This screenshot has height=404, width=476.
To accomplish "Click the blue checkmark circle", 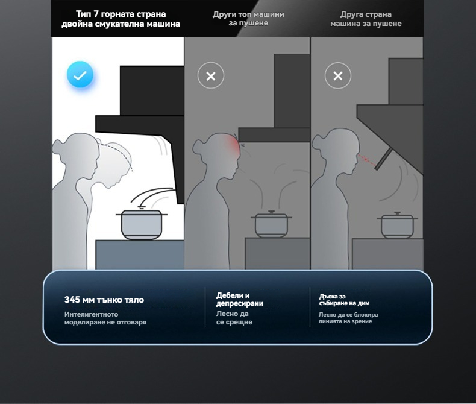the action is pyautogui.click(x=80, y=75).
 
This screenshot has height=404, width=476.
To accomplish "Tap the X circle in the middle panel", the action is pyautogui.click(x=211, y=75).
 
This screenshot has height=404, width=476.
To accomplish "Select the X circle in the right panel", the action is pyautogui.click(x=338, y=75).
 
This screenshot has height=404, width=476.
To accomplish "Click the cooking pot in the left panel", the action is pyautogui.click(x=142, y=224).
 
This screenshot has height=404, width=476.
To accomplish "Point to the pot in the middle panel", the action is pyautogui.click(x=271, y=224).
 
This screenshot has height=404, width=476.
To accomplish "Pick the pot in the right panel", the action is pyautogui.click(x=397, y=225).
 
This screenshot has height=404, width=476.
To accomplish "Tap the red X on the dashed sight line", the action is pyautogui.click(x=366, y=159).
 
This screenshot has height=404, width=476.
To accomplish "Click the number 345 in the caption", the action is pyautogui.click(x=72, y=300).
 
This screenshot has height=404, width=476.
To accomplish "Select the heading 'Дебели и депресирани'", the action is pyautogui.click(x=240, y=299).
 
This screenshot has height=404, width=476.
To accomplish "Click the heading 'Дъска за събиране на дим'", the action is pyautogui.click(x=344, y=300).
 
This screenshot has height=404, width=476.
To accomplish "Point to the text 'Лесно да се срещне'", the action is pyautogui.click(x=234, y=318).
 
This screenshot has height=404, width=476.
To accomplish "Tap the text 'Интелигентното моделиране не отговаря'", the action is pyautogui.click(x=105, y=318).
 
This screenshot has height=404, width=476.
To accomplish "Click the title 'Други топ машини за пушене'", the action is pyautogui.click(x=248, y=19).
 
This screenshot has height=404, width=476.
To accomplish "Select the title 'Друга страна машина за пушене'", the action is pyautogui.click(x=366, y=19).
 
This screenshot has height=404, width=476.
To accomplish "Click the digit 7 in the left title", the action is pyautogui.click(x=95, y=14).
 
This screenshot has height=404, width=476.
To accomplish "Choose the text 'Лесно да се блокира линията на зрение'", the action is pyautogui.click(x=348, y=318).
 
